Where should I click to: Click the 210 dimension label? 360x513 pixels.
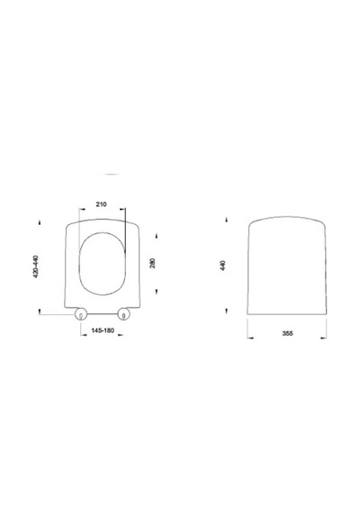click(101, 204)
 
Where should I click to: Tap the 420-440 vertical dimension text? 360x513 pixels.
click(36, 266)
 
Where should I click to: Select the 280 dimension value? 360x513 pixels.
click(152, 263)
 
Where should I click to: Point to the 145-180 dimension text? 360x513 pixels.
click(103, 330)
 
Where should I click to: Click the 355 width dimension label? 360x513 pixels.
click(287, 333)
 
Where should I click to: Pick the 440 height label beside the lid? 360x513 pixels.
click(223, 265)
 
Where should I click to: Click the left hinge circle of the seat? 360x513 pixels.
click(80, 314)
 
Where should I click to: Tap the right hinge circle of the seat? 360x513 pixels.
click(123, 314)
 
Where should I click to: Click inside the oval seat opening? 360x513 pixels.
click(102, 264)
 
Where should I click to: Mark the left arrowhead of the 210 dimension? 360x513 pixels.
click(82, 209)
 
